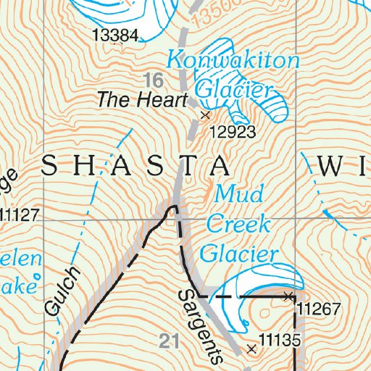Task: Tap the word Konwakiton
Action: pyautogui.click(x=232, y=61)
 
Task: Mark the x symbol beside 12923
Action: pyautogui.click(x=205, y=114)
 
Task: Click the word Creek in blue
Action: pyautogui.click(x=238, y=224)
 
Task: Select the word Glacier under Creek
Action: pyautogui.click(x=239, y=253)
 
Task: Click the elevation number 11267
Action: pyautogui.click(x=318, y=309)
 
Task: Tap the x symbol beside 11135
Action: pyautogui.click(x=251, y=349)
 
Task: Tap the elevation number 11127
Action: pyautogui.click(x=17, y=215)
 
